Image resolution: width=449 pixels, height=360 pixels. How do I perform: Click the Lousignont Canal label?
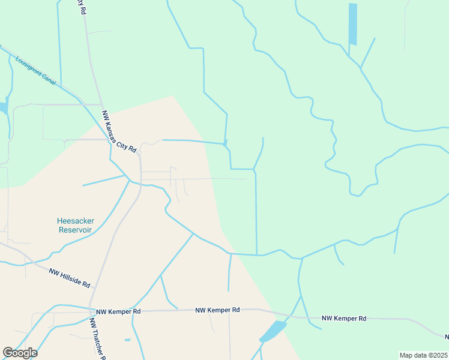(x=35, y=71)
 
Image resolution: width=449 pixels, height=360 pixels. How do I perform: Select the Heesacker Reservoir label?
(x=75, y=225)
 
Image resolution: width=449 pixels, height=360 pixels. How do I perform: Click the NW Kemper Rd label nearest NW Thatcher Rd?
(x=119, y=312)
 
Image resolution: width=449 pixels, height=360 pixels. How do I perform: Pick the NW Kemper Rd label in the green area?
(x=343, y=319)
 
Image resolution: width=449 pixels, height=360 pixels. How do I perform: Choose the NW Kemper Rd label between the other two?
(x=217, y=310)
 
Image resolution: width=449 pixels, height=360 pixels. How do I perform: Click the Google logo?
(x=20, y=353)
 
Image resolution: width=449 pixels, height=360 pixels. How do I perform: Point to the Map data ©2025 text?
(x=423, y=355)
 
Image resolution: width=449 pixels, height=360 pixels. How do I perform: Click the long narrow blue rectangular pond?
(x=353, y=24)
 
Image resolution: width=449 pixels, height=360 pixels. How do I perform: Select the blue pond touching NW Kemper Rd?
(x=274, y=331)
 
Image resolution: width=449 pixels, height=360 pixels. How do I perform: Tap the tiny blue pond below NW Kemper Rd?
(x=127, y=340)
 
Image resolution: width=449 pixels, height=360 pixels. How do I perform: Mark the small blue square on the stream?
(x=225, y=143)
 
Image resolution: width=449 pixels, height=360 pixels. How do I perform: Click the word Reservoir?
(x=75, y=230)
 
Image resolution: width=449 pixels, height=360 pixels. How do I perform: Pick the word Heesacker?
(x=75, y=221)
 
